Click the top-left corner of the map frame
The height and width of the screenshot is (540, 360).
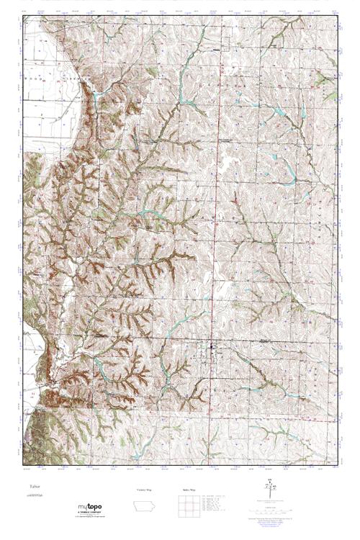point(23,16)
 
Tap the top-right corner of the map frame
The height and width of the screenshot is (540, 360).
point(338,16)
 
